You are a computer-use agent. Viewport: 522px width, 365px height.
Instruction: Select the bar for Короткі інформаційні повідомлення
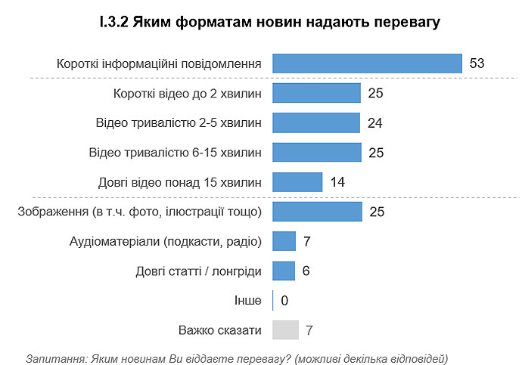click(x=367, y=63)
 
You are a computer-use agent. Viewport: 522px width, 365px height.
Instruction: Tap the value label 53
click(x=477, y=63)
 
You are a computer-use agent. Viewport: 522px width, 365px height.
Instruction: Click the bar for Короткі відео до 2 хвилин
click(x=316, y=93)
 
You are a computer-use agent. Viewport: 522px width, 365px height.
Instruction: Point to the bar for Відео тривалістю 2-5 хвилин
click(x=315, y=122)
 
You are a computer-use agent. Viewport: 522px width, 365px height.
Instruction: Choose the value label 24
click(x=374, y=122)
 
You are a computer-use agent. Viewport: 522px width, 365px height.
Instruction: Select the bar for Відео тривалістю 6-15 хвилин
click(x=316, y=152)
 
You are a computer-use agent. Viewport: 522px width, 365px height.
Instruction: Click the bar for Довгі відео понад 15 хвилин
click(x=297, y=182)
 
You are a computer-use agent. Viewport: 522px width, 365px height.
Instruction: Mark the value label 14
click(x=338, y=182)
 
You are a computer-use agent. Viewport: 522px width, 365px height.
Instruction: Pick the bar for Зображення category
click(x=316, y=212)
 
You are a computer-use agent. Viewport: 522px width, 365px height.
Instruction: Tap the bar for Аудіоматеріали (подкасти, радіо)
click(x=284, y=241)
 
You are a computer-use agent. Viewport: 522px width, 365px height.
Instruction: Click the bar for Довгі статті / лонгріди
click(x=283, y=271)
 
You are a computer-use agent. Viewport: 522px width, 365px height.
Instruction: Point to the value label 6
click(x=306, y=271)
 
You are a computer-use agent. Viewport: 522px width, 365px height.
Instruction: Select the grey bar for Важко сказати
click(x=285, y=330)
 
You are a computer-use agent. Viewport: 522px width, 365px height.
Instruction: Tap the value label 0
click(x=284, y=301)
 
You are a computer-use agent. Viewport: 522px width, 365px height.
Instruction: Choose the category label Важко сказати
click(x=220, y=330)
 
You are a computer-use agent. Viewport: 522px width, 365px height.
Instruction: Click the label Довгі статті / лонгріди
click(x=199, y=271)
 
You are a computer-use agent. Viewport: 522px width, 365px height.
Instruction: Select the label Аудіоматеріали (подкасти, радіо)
click(x=165, y=241)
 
